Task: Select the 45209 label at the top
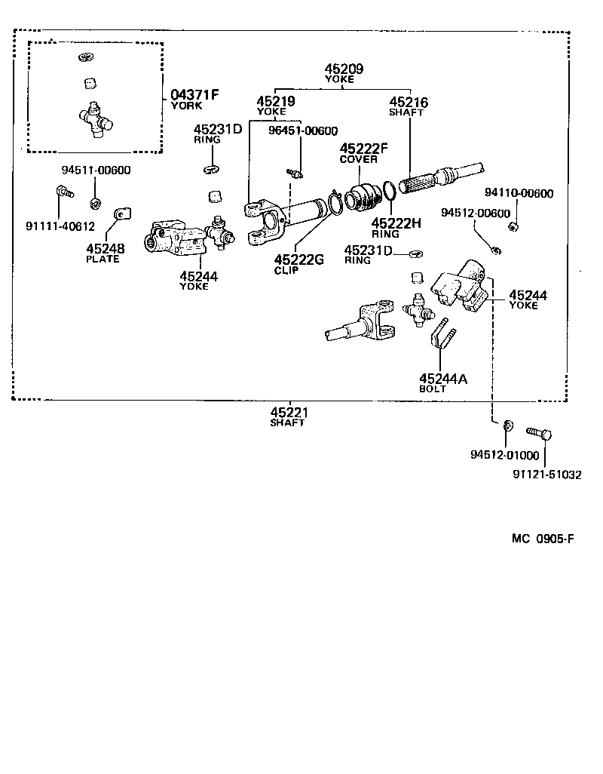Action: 344,69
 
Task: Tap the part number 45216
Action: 409,101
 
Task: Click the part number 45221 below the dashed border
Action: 289,412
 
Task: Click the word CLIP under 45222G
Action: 286,270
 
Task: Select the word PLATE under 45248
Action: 103,259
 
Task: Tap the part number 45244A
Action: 443,379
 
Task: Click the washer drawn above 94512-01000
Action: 507,428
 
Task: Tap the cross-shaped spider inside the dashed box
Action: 96,120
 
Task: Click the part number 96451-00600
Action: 303,131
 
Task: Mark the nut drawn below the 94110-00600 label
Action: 513,226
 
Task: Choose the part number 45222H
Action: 395,223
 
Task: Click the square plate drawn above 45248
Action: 120,217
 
